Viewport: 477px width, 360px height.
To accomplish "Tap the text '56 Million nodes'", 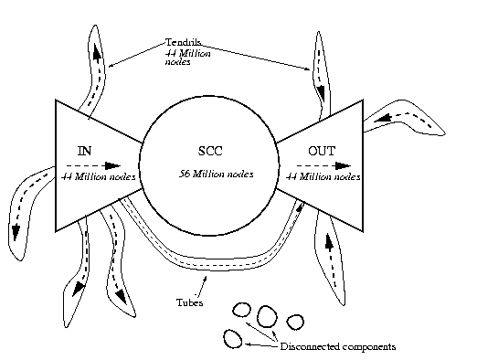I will click(x=217, y=173).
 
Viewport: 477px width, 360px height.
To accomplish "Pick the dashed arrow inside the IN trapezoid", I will click(x=91, y=165).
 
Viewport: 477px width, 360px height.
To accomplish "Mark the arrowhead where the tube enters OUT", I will click(x=302, y=209).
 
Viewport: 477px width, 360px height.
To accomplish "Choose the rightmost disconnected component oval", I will click(x=294, y=321).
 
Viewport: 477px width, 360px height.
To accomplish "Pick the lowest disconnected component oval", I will click(x=233, y=338).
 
